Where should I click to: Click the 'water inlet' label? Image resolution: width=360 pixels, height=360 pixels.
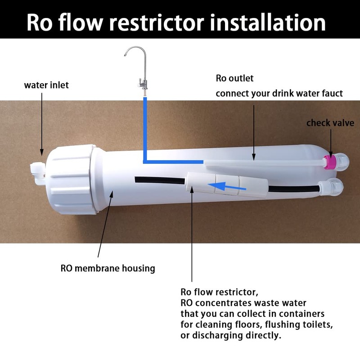coord(46,85)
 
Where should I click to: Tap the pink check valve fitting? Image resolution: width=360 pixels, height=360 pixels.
coord(331,162)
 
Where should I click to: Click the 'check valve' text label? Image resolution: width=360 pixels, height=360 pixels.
coord(330,123)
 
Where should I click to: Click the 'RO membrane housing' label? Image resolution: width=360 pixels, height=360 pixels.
coord(108,269)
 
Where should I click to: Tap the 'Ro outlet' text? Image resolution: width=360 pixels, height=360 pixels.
coord(234,78)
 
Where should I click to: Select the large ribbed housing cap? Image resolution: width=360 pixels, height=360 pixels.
coord(68,175)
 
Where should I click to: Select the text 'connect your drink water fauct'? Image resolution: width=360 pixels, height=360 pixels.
coord(279,94)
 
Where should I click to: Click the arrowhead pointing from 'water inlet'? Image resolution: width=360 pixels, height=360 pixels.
coord(42,153)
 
